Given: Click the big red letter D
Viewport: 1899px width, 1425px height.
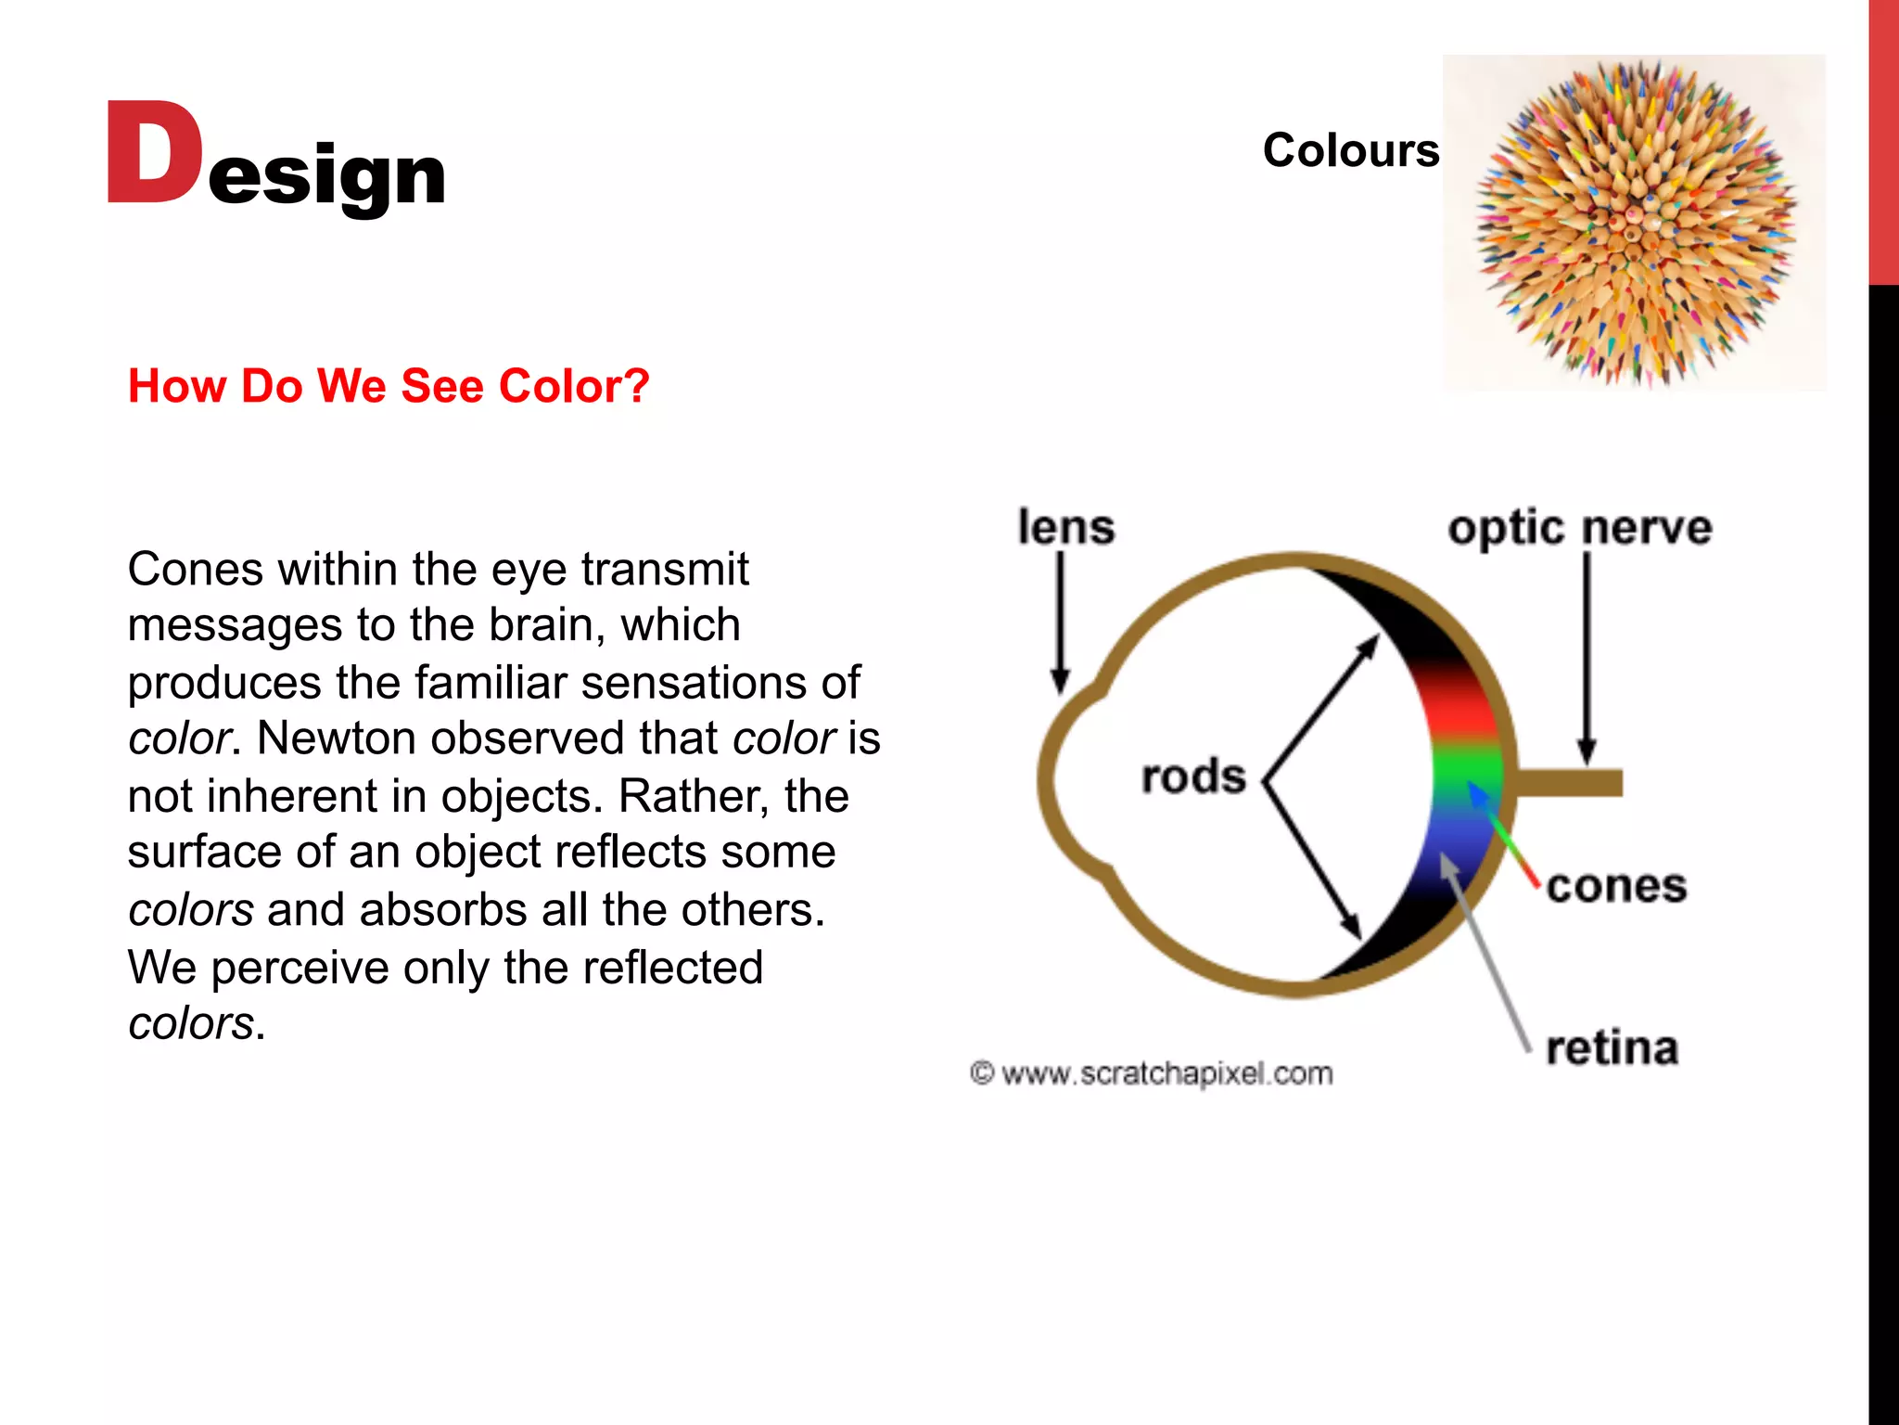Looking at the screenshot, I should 153,153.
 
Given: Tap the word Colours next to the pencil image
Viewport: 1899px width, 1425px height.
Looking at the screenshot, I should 1350,150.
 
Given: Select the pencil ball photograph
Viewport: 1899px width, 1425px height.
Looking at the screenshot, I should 1634,223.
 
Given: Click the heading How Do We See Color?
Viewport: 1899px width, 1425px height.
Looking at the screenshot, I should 389,386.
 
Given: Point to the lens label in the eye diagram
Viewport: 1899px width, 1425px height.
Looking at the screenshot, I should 1065,527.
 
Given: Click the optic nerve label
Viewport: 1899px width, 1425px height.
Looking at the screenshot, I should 1579,528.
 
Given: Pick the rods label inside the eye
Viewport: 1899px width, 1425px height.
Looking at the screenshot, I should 1193,777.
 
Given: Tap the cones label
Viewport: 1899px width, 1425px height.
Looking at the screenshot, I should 1616,886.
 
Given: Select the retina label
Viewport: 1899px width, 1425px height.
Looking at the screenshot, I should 1612,1048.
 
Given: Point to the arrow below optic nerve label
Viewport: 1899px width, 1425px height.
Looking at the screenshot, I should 1587,659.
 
